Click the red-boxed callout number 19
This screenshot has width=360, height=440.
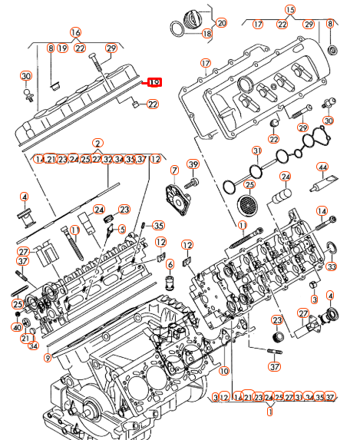(154, 82)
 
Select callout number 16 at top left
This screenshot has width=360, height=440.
(75, 32)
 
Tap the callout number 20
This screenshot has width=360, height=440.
(222, 23)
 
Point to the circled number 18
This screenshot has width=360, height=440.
(207, 34)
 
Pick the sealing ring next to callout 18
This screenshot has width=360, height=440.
(177, 28)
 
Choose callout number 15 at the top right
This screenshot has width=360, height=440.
(289, 10)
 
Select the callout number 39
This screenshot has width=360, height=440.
(193, 167)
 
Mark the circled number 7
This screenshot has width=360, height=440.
(174, 170)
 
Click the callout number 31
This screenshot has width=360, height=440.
(257, 150)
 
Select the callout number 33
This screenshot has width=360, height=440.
(331, 266)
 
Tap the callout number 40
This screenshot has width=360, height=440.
(17, 327)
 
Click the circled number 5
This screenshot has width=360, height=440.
(121, 228)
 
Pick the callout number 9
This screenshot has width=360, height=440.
(48, 356)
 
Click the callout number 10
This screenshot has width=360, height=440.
(224, 370)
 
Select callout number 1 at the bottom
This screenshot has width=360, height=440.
(270, 412)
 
